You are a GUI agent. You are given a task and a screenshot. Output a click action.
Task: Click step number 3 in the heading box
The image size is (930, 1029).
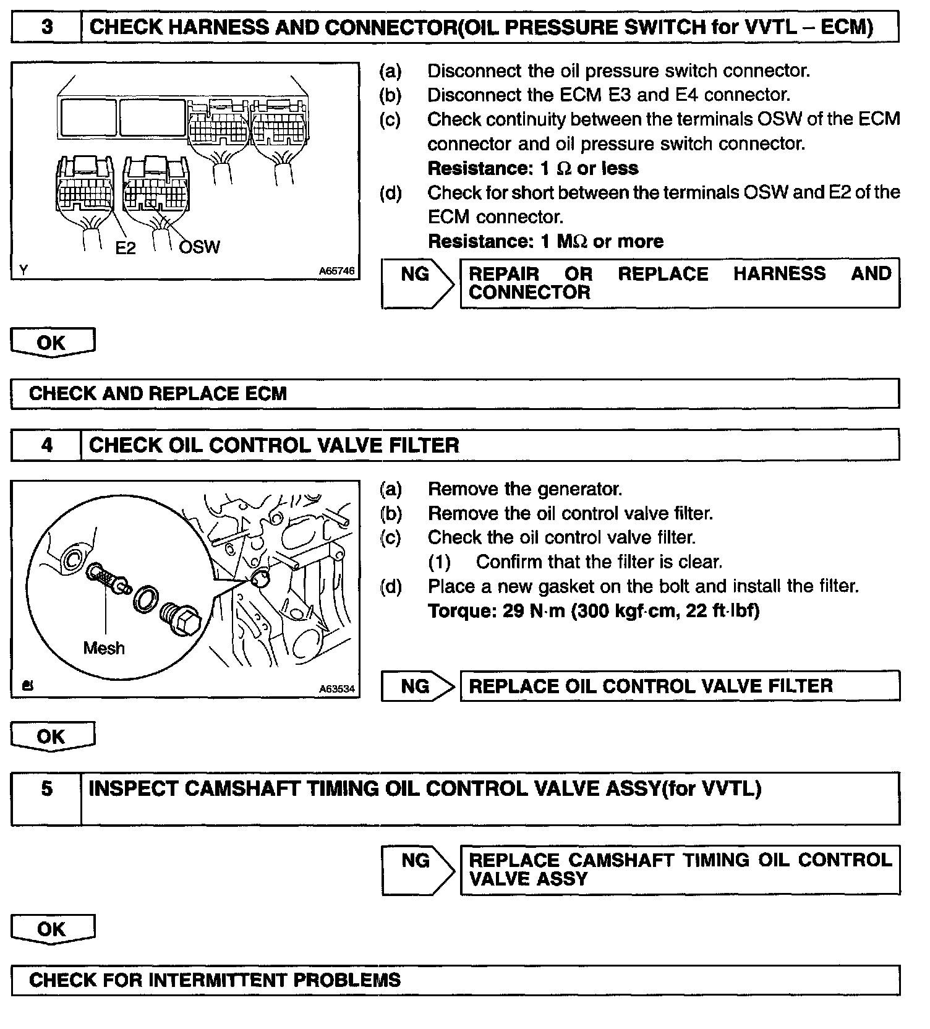[47, 27]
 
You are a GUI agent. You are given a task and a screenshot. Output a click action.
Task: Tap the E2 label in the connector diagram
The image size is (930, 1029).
[126, 248]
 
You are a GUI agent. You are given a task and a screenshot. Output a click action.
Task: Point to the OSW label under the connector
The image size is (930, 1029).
[199, 247]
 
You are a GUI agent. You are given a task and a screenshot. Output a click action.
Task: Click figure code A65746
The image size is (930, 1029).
[336, 271]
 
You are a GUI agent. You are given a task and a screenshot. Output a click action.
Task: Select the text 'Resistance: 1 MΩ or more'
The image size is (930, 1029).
[545, 241]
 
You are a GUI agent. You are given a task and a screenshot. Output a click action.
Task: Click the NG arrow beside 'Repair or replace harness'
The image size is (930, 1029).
[417, 283]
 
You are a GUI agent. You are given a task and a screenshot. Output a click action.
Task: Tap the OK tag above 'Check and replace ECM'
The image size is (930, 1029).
[52, 343]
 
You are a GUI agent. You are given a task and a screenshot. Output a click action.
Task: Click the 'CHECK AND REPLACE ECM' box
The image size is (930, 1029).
[454, 393]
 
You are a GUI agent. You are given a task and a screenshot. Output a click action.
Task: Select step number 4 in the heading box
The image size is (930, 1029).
[47, 445]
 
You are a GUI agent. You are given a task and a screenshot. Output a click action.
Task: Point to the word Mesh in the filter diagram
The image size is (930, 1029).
[104, 648]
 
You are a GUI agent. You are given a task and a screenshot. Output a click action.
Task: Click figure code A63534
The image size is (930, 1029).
[336, 689]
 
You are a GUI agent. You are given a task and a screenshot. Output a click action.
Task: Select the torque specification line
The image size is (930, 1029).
[594, 611]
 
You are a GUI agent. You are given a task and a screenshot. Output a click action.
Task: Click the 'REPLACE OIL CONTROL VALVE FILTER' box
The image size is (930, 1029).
[680, 686]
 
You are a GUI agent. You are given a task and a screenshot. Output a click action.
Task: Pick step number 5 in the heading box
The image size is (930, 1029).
[47, 789]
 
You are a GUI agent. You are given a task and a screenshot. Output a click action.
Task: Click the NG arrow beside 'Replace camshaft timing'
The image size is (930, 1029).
[417, 869]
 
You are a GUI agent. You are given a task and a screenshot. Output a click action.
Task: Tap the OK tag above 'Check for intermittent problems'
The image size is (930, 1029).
[52, 929]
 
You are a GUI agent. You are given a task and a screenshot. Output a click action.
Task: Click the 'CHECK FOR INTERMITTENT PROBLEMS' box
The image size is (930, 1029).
[454, 980]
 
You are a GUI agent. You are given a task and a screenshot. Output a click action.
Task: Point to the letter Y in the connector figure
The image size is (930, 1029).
[23, 270]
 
